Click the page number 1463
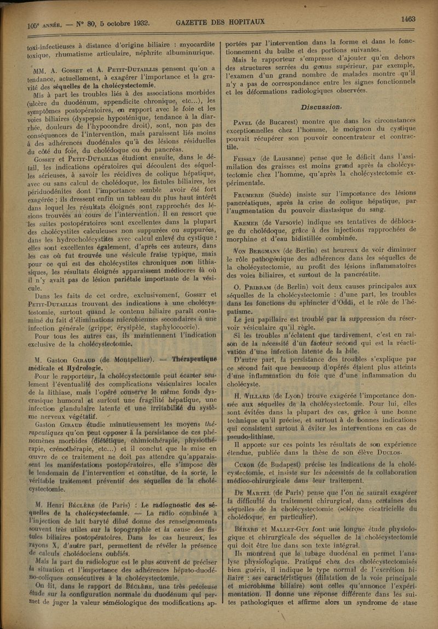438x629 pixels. (408, 19)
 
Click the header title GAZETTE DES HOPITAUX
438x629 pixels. (220, 22)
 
